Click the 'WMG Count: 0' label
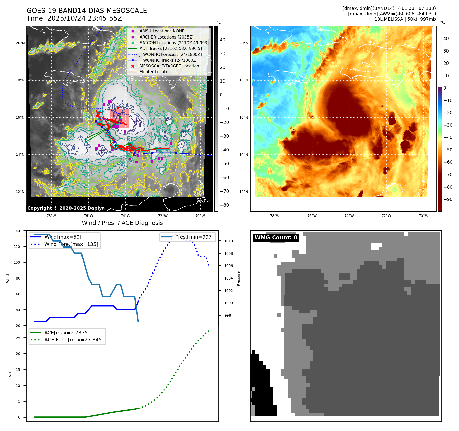point(276,238)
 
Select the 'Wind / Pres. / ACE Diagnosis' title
point(122,223)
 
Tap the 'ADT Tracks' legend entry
point(171,48)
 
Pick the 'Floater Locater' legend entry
point(155,72)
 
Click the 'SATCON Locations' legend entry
point(174,43)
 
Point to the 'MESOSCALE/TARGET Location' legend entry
point(169,66)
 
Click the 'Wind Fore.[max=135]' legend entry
point(71,244)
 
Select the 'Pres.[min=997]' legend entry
point(194,237)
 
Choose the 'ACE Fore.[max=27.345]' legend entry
point(74,340)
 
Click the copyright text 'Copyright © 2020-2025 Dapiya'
point(66,208)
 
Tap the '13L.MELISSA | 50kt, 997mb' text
point(405,19)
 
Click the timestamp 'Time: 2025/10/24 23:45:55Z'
point(74,18)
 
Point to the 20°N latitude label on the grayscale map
point(20,43)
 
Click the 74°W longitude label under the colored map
point(349,216)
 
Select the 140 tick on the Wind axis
point(17,231)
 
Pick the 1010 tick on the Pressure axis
point(229,241)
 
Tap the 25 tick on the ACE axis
point(18,338)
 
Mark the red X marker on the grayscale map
point(118,108)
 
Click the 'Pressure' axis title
point(238,278)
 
